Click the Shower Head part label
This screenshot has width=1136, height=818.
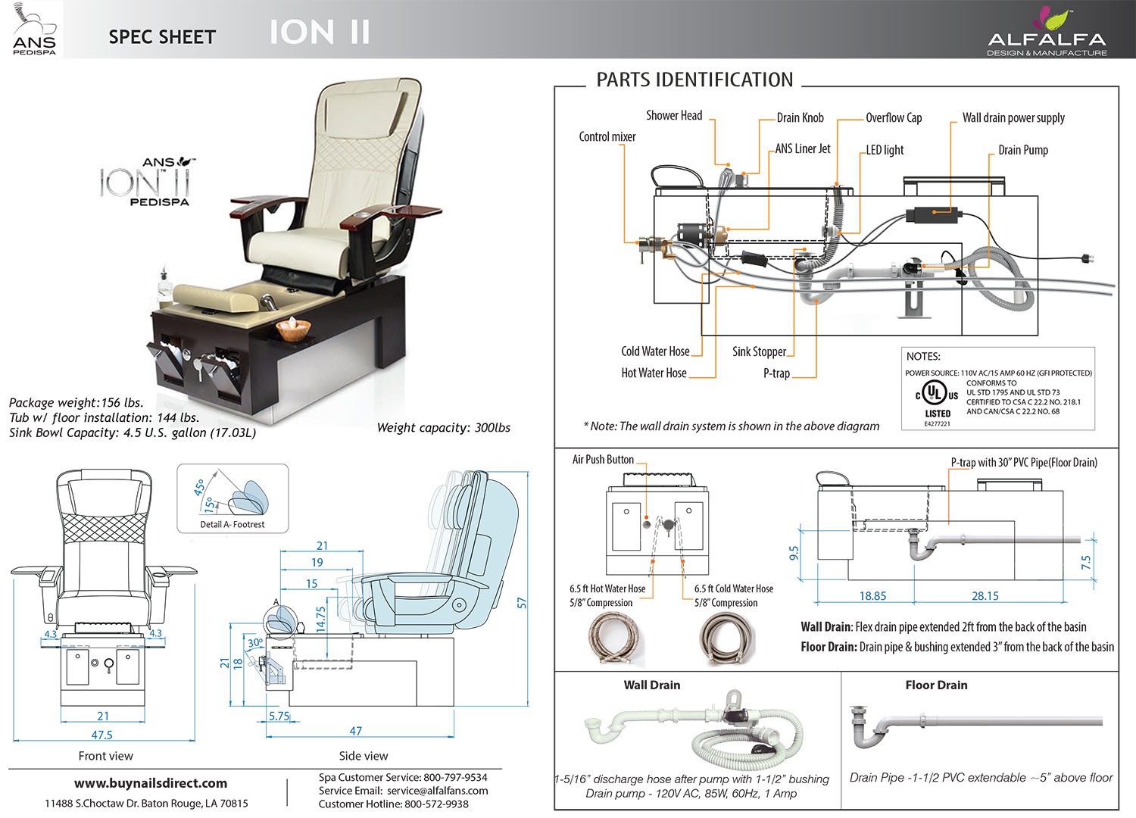[674, 116]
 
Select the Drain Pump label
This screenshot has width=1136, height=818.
[1022, 150]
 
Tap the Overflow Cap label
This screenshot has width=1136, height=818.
[894, 118]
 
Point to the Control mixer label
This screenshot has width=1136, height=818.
[607, 137]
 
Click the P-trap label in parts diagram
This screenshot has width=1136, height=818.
[776, 373]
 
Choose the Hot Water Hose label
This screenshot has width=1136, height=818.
[654, 373]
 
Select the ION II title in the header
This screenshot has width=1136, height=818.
[320, 33]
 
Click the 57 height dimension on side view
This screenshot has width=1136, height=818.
[522, 603]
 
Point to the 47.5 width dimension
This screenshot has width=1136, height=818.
[101, 735]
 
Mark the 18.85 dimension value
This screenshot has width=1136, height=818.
[872, 596]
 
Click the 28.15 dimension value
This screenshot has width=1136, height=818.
[985, 596]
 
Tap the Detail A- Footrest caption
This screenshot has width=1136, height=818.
[233, 524]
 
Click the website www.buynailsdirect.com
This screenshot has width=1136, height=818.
[151, 783]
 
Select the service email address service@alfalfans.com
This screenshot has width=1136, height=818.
[437, 791]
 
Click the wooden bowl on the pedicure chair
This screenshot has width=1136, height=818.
[293, 329]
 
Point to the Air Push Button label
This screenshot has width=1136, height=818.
[603, 460]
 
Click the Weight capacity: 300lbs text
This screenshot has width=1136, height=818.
[444, 428]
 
